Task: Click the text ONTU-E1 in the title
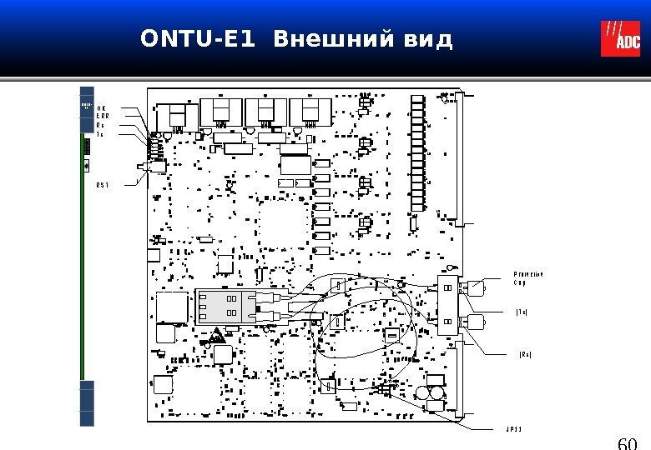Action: [x=198, y=39]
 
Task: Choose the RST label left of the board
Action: [x=103, y=184]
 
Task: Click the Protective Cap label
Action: [x=527, y=278]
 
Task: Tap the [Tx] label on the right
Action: [x=522, y=312]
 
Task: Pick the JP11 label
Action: [x=513, y=430]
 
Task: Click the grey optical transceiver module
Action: [x=224, y=305]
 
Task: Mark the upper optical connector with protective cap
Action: [x=477, y=289]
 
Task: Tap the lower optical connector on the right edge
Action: [x=474, y=321]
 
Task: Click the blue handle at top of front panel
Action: [x=87, y=108]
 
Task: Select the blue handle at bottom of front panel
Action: [x=87, y=403]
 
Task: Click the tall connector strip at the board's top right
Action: [x=418, y=153]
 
